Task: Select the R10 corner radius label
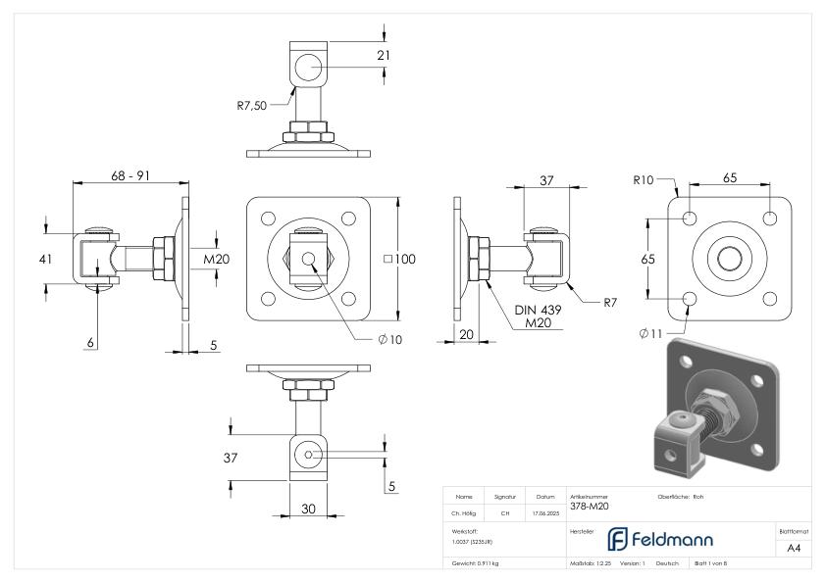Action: point(644,180)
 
